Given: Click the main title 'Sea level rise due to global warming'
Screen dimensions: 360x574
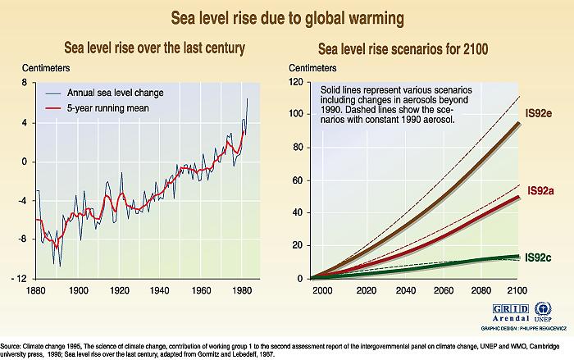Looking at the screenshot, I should pyautogui.click(x=286, y=16).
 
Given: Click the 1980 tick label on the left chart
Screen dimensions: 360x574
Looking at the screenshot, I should pyautogui.click(x=239, y=290).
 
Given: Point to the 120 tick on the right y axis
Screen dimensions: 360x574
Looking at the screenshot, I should pyautogui.click(x=297, y=83).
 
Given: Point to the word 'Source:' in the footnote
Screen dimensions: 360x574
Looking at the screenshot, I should pyautogui.click(x=14, y=345).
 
